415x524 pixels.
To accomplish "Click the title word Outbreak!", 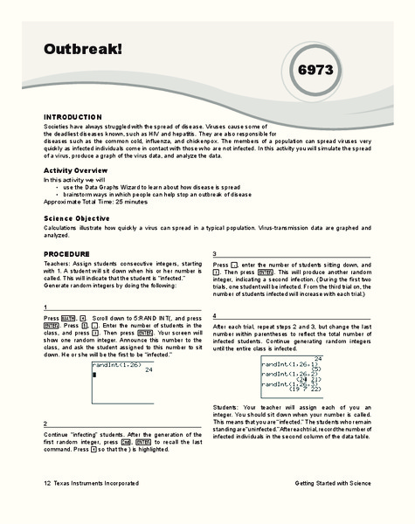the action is (83, 49).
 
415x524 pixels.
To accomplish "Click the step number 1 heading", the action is (45, 308).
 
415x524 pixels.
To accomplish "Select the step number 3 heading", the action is (214, 253).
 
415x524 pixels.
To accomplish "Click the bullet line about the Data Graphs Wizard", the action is (128, 187).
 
